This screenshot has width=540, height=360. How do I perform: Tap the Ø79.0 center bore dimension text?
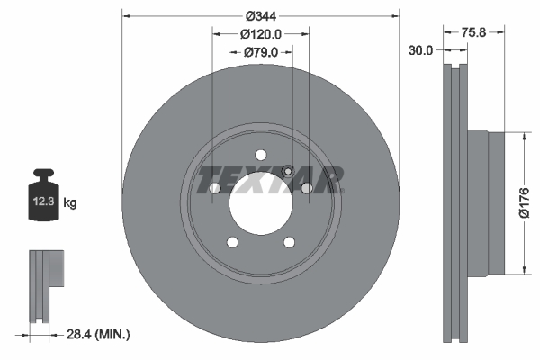261,53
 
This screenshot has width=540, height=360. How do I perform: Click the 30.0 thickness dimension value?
421,51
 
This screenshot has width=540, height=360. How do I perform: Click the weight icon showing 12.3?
45,193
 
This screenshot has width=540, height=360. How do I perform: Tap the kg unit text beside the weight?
70,204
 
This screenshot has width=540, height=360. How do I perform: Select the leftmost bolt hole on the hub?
214,187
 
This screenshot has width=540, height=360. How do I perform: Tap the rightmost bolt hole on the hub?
306,187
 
